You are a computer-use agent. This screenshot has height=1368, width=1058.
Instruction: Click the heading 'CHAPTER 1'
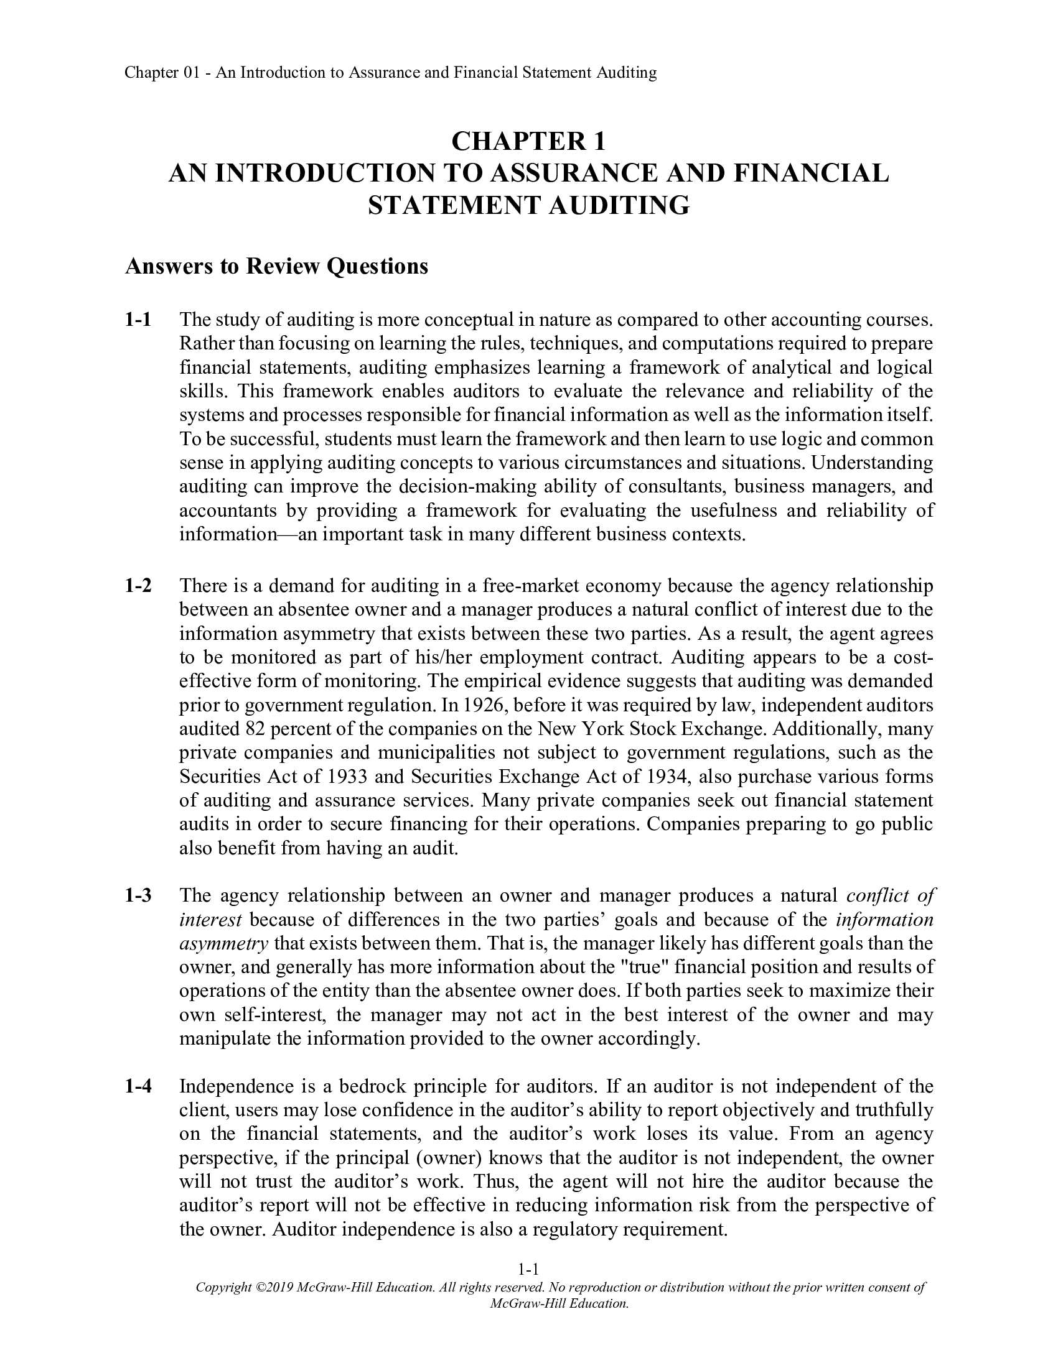[528, 142]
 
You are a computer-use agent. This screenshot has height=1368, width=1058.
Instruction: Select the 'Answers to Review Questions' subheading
[276, 267]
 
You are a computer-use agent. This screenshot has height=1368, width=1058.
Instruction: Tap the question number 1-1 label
[138, 320]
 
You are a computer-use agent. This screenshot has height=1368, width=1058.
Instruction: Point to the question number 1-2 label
[138, 586]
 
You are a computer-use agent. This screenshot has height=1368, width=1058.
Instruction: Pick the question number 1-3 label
[138, 895]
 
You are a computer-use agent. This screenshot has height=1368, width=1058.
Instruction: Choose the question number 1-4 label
[138, 1086]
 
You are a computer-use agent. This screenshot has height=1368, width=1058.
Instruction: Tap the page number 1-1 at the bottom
[528, 1270]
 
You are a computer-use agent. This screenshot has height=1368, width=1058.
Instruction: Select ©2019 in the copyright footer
[274, 1288]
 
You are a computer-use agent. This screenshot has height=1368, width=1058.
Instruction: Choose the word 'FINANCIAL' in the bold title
[810, 173]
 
